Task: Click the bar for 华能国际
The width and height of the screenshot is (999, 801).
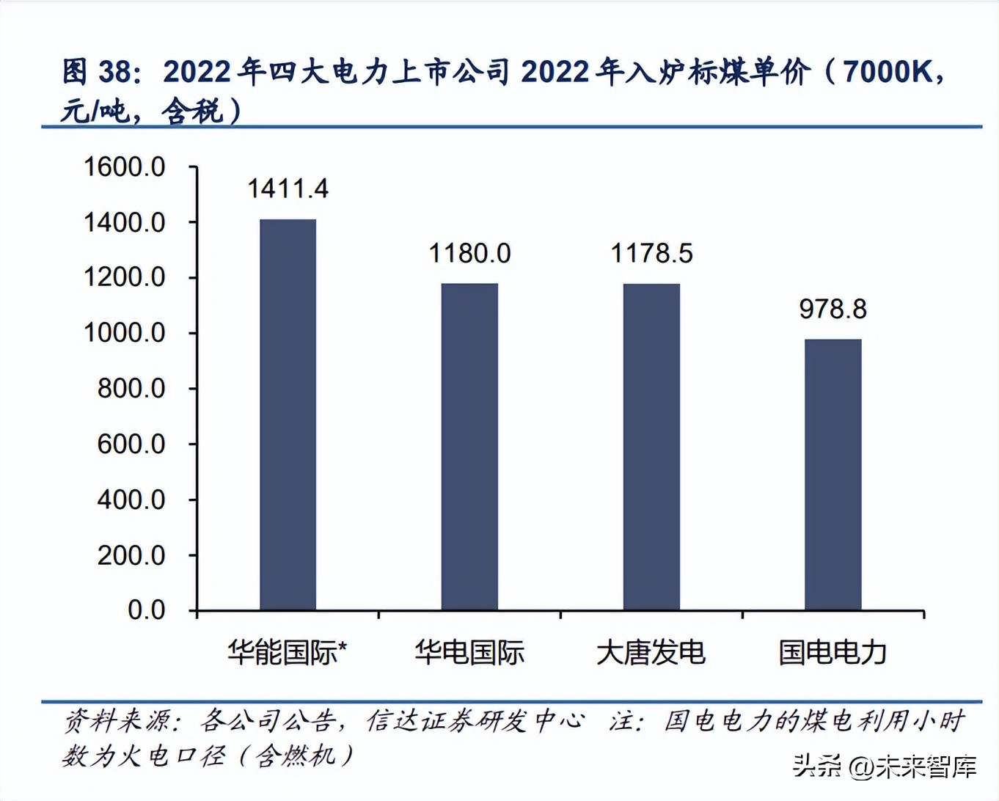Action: tap(288, 414)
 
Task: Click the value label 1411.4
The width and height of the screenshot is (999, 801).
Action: tap(288, 189)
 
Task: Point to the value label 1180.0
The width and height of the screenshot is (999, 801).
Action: tap(469, 254)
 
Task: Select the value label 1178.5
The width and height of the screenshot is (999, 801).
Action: tap(651, 254)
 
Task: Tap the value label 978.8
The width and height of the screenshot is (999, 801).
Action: tap(832, 310)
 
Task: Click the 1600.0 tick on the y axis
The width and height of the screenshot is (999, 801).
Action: tap(125, 167)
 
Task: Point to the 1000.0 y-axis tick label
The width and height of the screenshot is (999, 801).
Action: tap(125, 333)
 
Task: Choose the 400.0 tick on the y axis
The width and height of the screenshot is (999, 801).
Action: tap(131, 500)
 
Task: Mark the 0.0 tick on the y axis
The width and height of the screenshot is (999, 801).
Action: tap(146, 610)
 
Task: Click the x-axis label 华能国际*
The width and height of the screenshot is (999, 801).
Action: tap(287, 652)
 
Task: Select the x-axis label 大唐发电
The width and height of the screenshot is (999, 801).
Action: tap(651, 652)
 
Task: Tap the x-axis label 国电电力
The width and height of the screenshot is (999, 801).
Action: tap(832, 652)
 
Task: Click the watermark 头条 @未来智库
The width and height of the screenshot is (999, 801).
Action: tap(885, 767)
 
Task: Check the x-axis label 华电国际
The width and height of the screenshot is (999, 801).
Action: tap(469, 652)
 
